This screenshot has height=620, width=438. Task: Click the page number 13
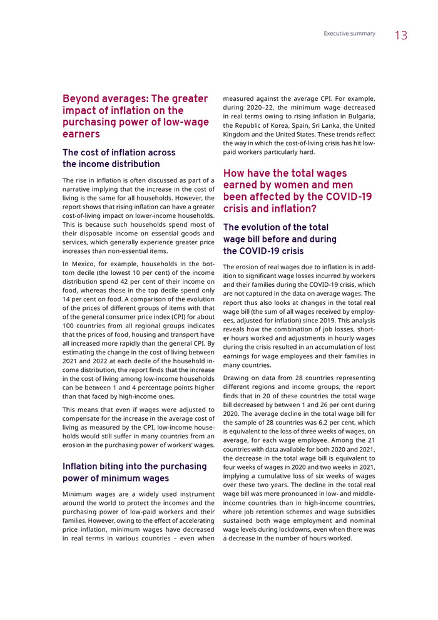pos(401,36)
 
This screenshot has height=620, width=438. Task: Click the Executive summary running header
pos(349,34)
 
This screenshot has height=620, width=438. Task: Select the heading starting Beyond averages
pos(135,116)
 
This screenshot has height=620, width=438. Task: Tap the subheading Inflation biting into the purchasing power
pos(135,472)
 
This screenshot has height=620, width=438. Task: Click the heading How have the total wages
pos(297,191)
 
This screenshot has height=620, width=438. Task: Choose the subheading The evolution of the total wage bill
pos(280,239)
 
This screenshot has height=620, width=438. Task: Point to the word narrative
pos(79,189)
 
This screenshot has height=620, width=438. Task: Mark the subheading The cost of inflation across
pos(119,158)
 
